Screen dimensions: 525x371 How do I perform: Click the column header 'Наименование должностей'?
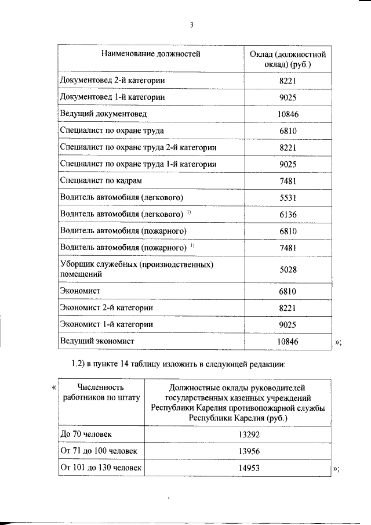150,55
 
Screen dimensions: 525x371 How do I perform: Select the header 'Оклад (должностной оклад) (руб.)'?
288,60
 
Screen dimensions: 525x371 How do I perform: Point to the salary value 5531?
288,198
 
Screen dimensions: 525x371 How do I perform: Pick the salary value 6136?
288,215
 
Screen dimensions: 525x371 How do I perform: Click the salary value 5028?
288,269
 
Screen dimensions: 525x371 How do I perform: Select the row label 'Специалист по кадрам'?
97,181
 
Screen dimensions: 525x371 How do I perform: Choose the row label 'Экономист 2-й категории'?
110,307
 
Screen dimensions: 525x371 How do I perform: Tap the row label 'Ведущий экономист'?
97,342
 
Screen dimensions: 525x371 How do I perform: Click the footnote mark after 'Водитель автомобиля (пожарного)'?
192,246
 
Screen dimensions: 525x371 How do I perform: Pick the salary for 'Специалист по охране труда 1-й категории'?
288,164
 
